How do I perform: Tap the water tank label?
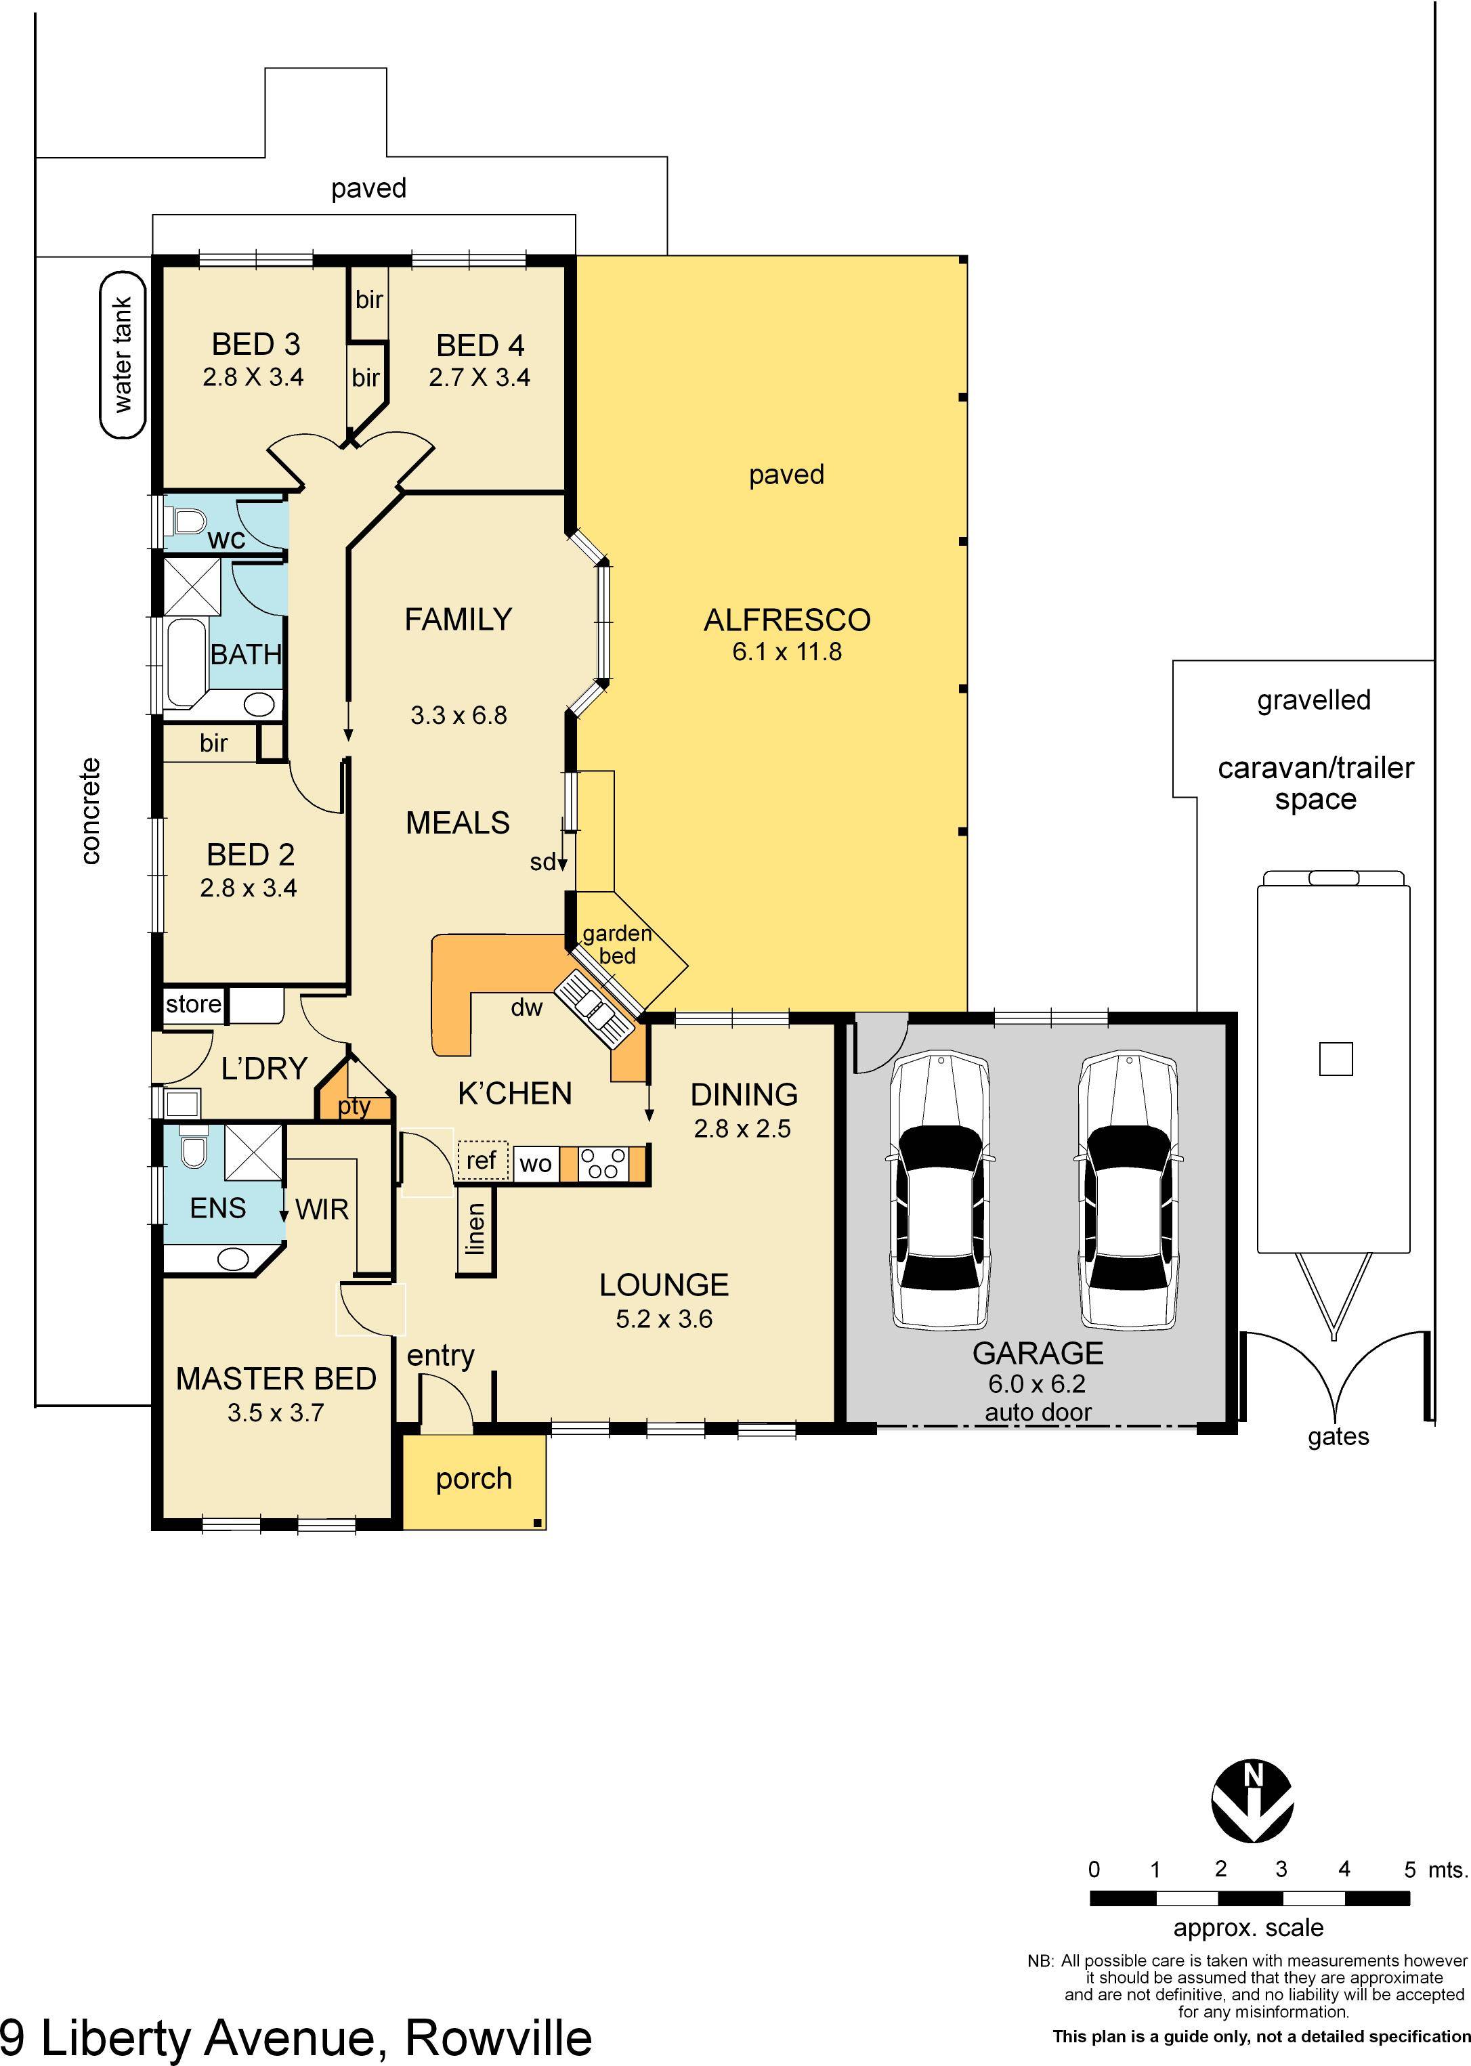[x=123, y=354]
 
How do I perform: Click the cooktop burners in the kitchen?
[x=603, y=1163]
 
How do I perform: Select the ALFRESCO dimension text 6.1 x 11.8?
[x=786, y=652]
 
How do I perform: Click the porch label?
[x=473, y=1478]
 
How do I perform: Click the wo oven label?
[x=535, y=1164]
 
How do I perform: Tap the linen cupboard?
[x=475, y=1229]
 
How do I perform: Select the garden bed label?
[x=617, y=945]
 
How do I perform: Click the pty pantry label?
[x=354, y=1107]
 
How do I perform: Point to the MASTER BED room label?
[x=276, y=1379]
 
